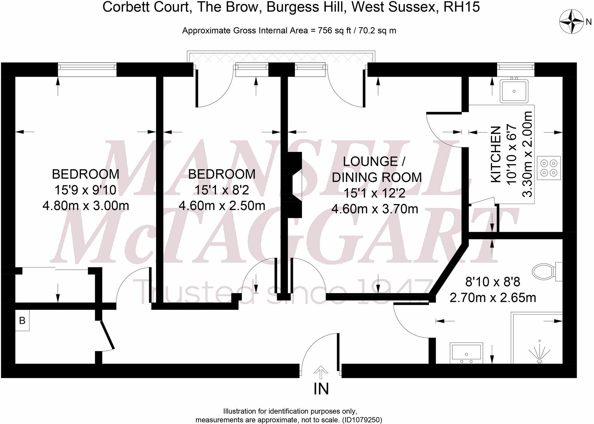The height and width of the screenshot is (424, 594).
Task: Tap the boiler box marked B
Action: tap(22, 320)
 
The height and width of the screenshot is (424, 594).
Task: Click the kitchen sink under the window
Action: tap(514, 91)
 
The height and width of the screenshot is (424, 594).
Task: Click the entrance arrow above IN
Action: tap(321, 372)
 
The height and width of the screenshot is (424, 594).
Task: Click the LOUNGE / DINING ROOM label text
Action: tap(376, 169)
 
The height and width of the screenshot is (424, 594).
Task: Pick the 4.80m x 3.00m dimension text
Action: tap(86, 206)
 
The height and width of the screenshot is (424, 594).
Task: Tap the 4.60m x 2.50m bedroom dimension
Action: tap(222, 206)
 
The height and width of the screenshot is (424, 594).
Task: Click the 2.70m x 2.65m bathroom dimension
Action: tap(493, 298)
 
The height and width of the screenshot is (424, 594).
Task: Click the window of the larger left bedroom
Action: tap(87, 69)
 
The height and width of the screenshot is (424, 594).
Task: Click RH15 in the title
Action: tap(461, 7)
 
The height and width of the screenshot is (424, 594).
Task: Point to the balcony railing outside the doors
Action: tap(282, 57)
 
